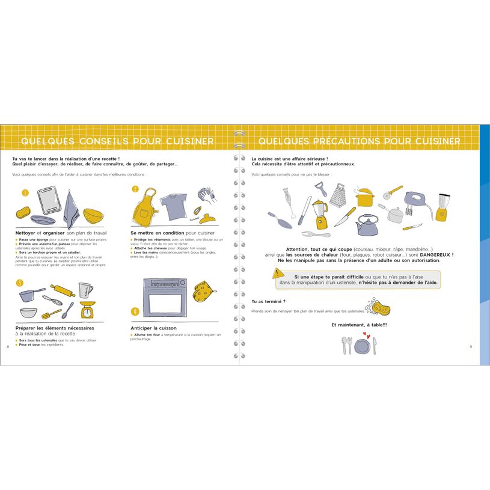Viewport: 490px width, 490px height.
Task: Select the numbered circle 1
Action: click(25, 193)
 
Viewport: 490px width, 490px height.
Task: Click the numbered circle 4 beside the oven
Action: click(135, 311)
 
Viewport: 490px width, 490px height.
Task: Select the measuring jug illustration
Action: click(85, 290)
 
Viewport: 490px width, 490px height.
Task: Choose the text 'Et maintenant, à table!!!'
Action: click(359, 325)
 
